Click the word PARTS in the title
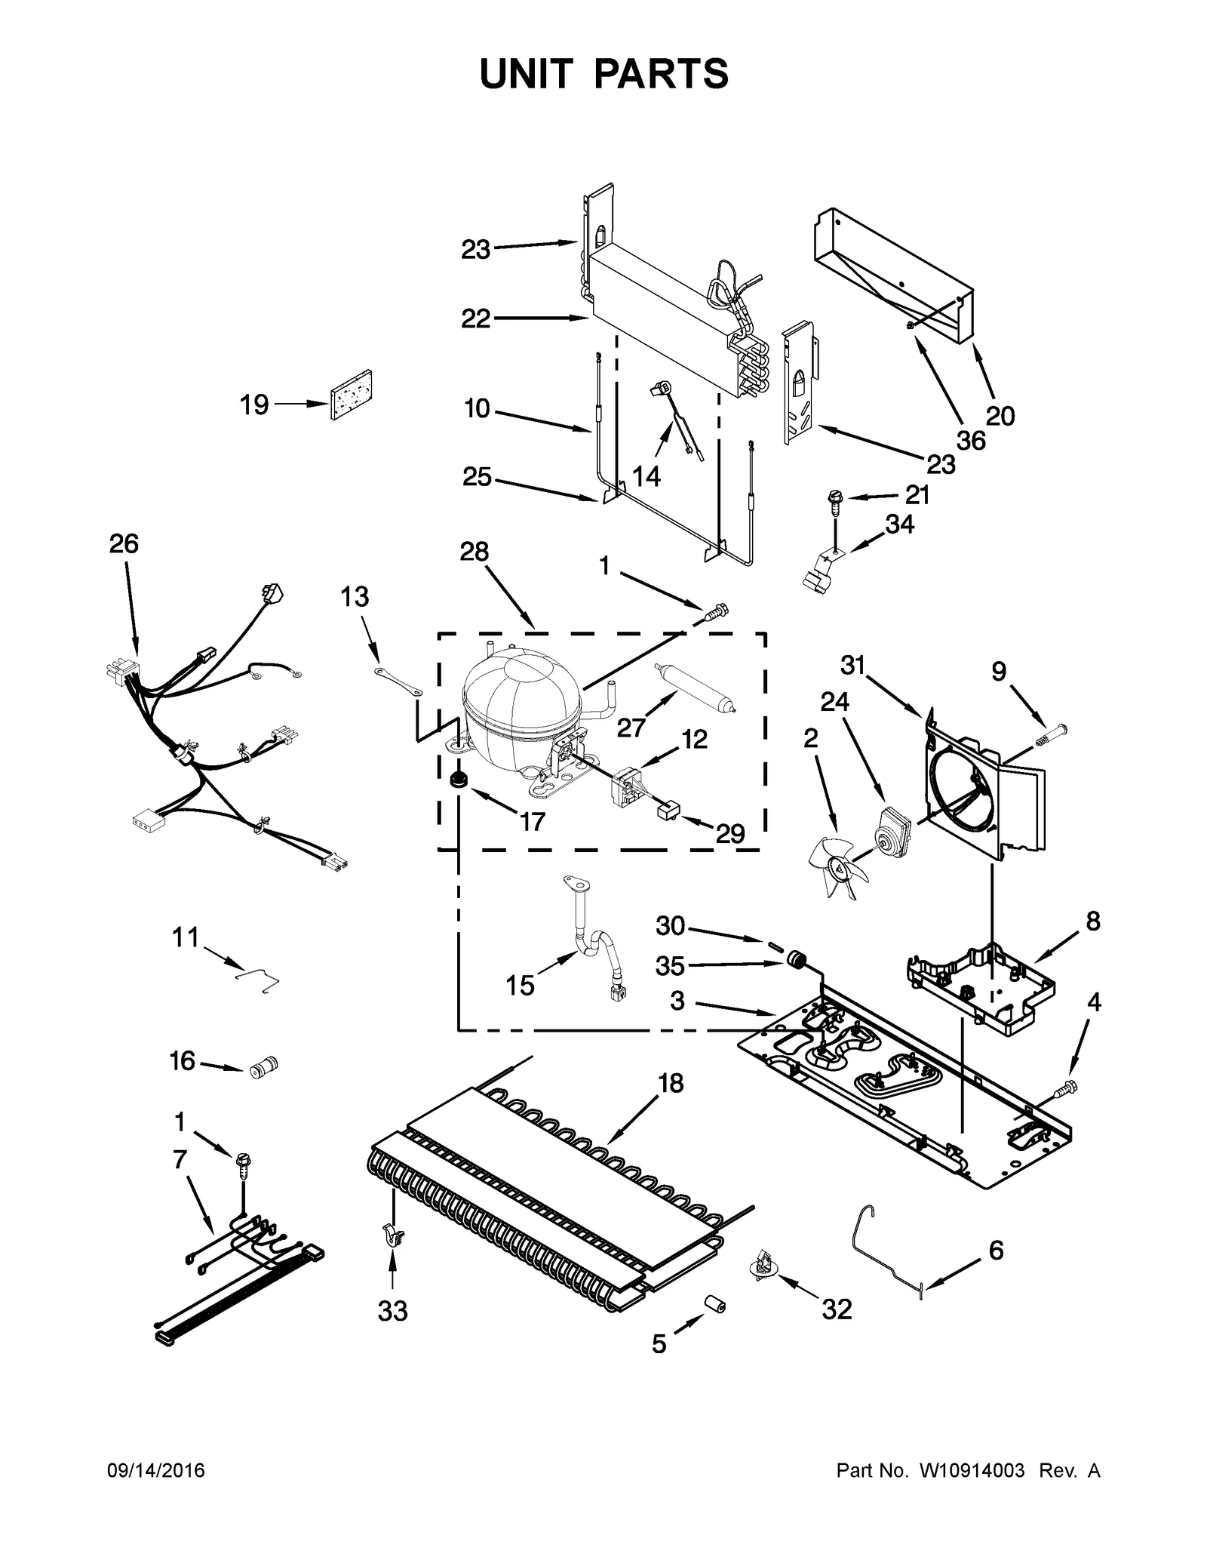[x=662, y=74]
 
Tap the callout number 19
[x=254, y=405]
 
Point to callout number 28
[x=475, y=552]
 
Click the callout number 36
[x=971, y=440]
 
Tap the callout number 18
[x=670, y=1083]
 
